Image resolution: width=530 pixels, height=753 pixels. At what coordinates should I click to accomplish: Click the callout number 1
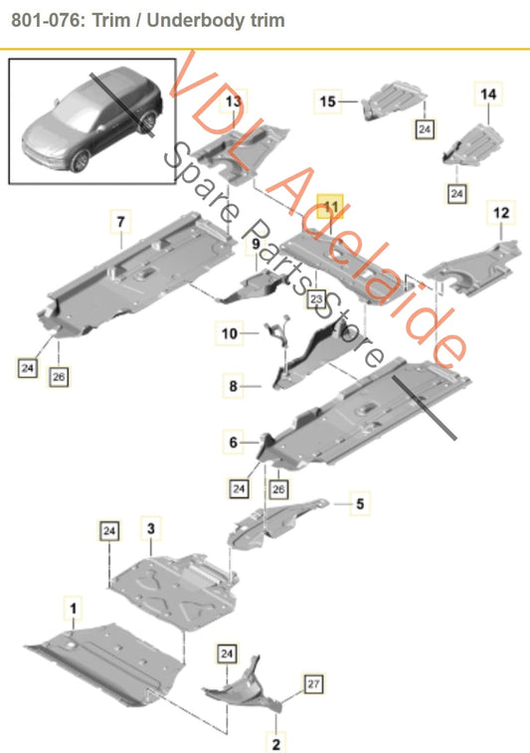[72, 604]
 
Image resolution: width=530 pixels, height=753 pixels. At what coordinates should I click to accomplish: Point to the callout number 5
[360, 504]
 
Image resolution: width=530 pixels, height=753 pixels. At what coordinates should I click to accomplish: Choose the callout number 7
[119, 218]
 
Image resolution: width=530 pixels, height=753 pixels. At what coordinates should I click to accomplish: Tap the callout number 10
[230, 334]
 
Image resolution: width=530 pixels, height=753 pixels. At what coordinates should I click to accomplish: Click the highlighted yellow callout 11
[329, 208]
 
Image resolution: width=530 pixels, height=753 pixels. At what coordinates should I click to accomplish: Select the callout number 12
[500, 213]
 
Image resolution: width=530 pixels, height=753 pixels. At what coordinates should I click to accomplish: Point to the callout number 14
[487, 94]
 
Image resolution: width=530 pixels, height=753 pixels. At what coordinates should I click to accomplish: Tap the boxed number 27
[313, 683]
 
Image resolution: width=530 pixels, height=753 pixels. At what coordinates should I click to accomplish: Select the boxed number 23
[315, 297]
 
